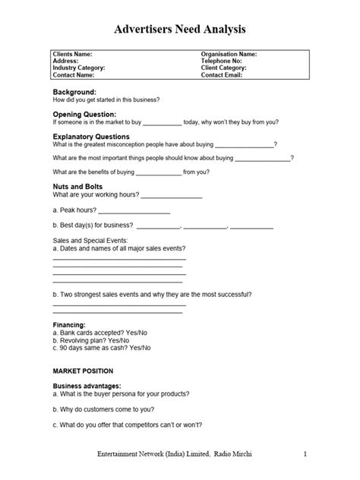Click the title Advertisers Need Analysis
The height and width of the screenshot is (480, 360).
(x=180, y=29)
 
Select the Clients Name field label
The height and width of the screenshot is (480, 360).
(x=72, y=55)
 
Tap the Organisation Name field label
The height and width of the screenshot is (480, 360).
(x=229, y=55)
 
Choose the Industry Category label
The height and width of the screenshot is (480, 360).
(x=79, y=68)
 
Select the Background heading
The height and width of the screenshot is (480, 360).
(x=74, y=91)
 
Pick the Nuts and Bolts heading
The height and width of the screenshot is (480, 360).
(x=77, y=186)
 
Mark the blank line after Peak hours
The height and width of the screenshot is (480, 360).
(x=134, y=212)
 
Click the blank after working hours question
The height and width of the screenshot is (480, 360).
(x=172, y=197)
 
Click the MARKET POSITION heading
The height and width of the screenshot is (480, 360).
(x=83, y=371)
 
